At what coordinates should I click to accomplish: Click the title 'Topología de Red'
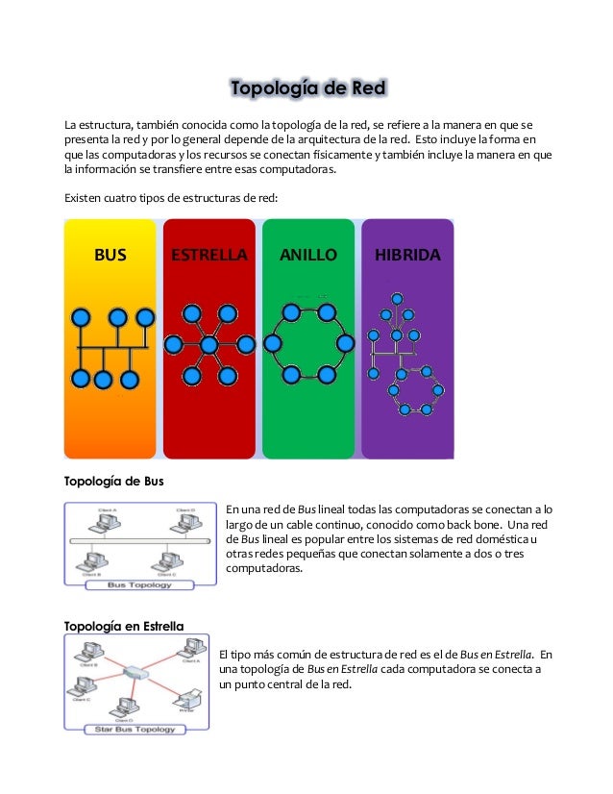click(307, 90)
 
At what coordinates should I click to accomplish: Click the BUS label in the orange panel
click(110, 256)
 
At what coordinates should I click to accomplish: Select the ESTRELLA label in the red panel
click(208, 256)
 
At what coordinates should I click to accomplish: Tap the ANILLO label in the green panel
click(307, 256)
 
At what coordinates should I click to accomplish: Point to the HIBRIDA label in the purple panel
click(407, 256)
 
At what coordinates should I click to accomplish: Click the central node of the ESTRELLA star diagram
click(208, 344)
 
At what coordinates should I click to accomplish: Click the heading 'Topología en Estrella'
click(123, 627)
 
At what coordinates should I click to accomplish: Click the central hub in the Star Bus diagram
click(136, 673)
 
